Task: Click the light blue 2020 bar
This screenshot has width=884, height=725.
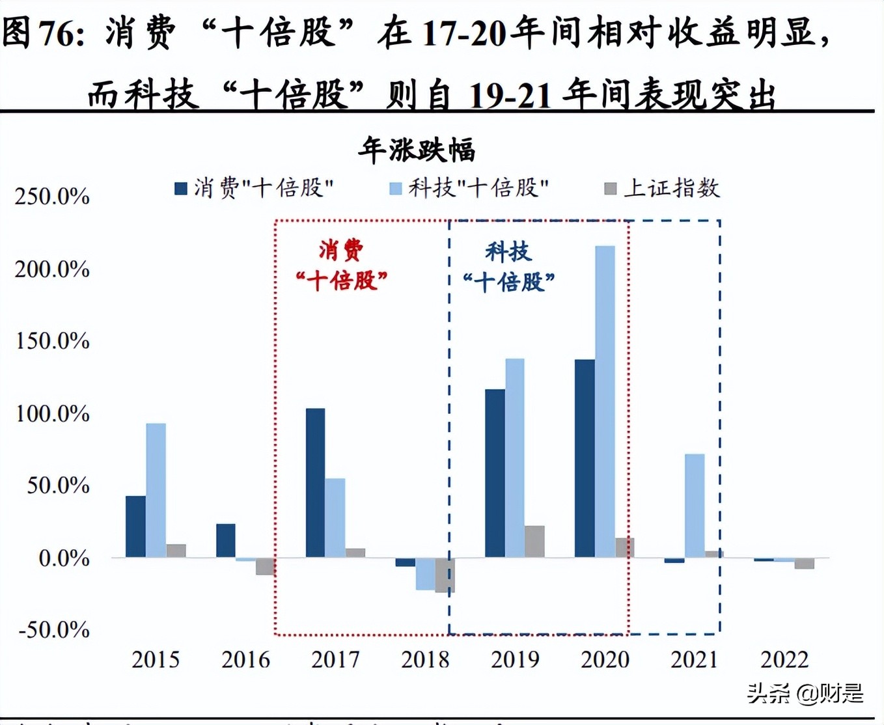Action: point(605,401)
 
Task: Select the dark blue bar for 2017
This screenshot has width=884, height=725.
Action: point(315,482)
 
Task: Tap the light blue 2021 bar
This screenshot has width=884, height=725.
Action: point(695,505)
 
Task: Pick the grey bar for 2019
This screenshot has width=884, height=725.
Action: point(534,541)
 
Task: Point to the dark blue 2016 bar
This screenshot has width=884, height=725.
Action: point(226,540)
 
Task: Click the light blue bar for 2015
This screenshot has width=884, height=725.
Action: point(156,490)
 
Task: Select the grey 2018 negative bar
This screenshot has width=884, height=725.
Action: point(445,575)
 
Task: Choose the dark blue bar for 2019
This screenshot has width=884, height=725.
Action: point(495,472)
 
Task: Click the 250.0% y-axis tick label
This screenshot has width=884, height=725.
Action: point(52,196)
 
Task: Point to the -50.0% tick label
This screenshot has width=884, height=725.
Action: point(54,629)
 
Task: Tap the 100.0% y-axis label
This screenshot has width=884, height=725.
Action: point(52,413)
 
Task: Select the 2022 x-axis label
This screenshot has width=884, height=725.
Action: point(784,659)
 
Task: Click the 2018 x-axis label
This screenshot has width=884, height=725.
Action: point(425,659)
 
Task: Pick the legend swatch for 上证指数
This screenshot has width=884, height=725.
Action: point(610,189)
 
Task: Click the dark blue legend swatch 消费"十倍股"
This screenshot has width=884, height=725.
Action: point(181,189)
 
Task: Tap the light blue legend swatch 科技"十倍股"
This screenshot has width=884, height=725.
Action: point(395,189)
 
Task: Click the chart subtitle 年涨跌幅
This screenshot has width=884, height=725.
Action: point(417,150)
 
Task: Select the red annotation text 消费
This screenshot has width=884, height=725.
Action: point(341,249)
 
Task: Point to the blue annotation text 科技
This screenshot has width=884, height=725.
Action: point(508,251)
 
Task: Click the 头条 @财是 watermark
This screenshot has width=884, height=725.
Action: point(805,693)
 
